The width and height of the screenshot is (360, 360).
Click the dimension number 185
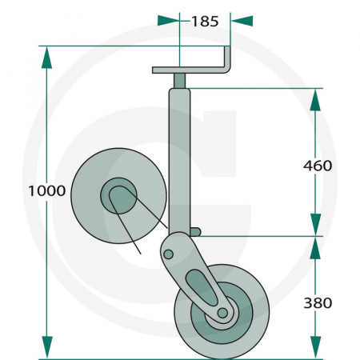[205, 22]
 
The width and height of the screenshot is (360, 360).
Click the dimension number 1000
[46, 191]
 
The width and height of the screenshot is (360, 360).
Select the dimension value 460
[318, 166]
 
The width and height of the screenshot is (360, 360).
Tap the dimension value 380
[318, 302]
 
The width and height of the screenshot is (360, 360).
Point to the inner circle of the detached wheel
[118, 194]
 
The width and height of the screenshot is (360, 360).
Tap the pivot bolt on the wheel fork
[168, 254]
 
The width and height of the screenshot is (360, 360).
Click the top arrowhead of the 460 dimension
[315, 99]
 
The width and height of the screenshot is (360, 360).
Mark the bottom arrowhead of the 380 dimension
[315, 347]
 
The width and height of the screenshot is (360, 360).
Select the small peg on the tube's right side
[197, 232]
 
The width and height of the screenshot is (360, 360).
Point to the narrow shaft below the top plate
[181, 81]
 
